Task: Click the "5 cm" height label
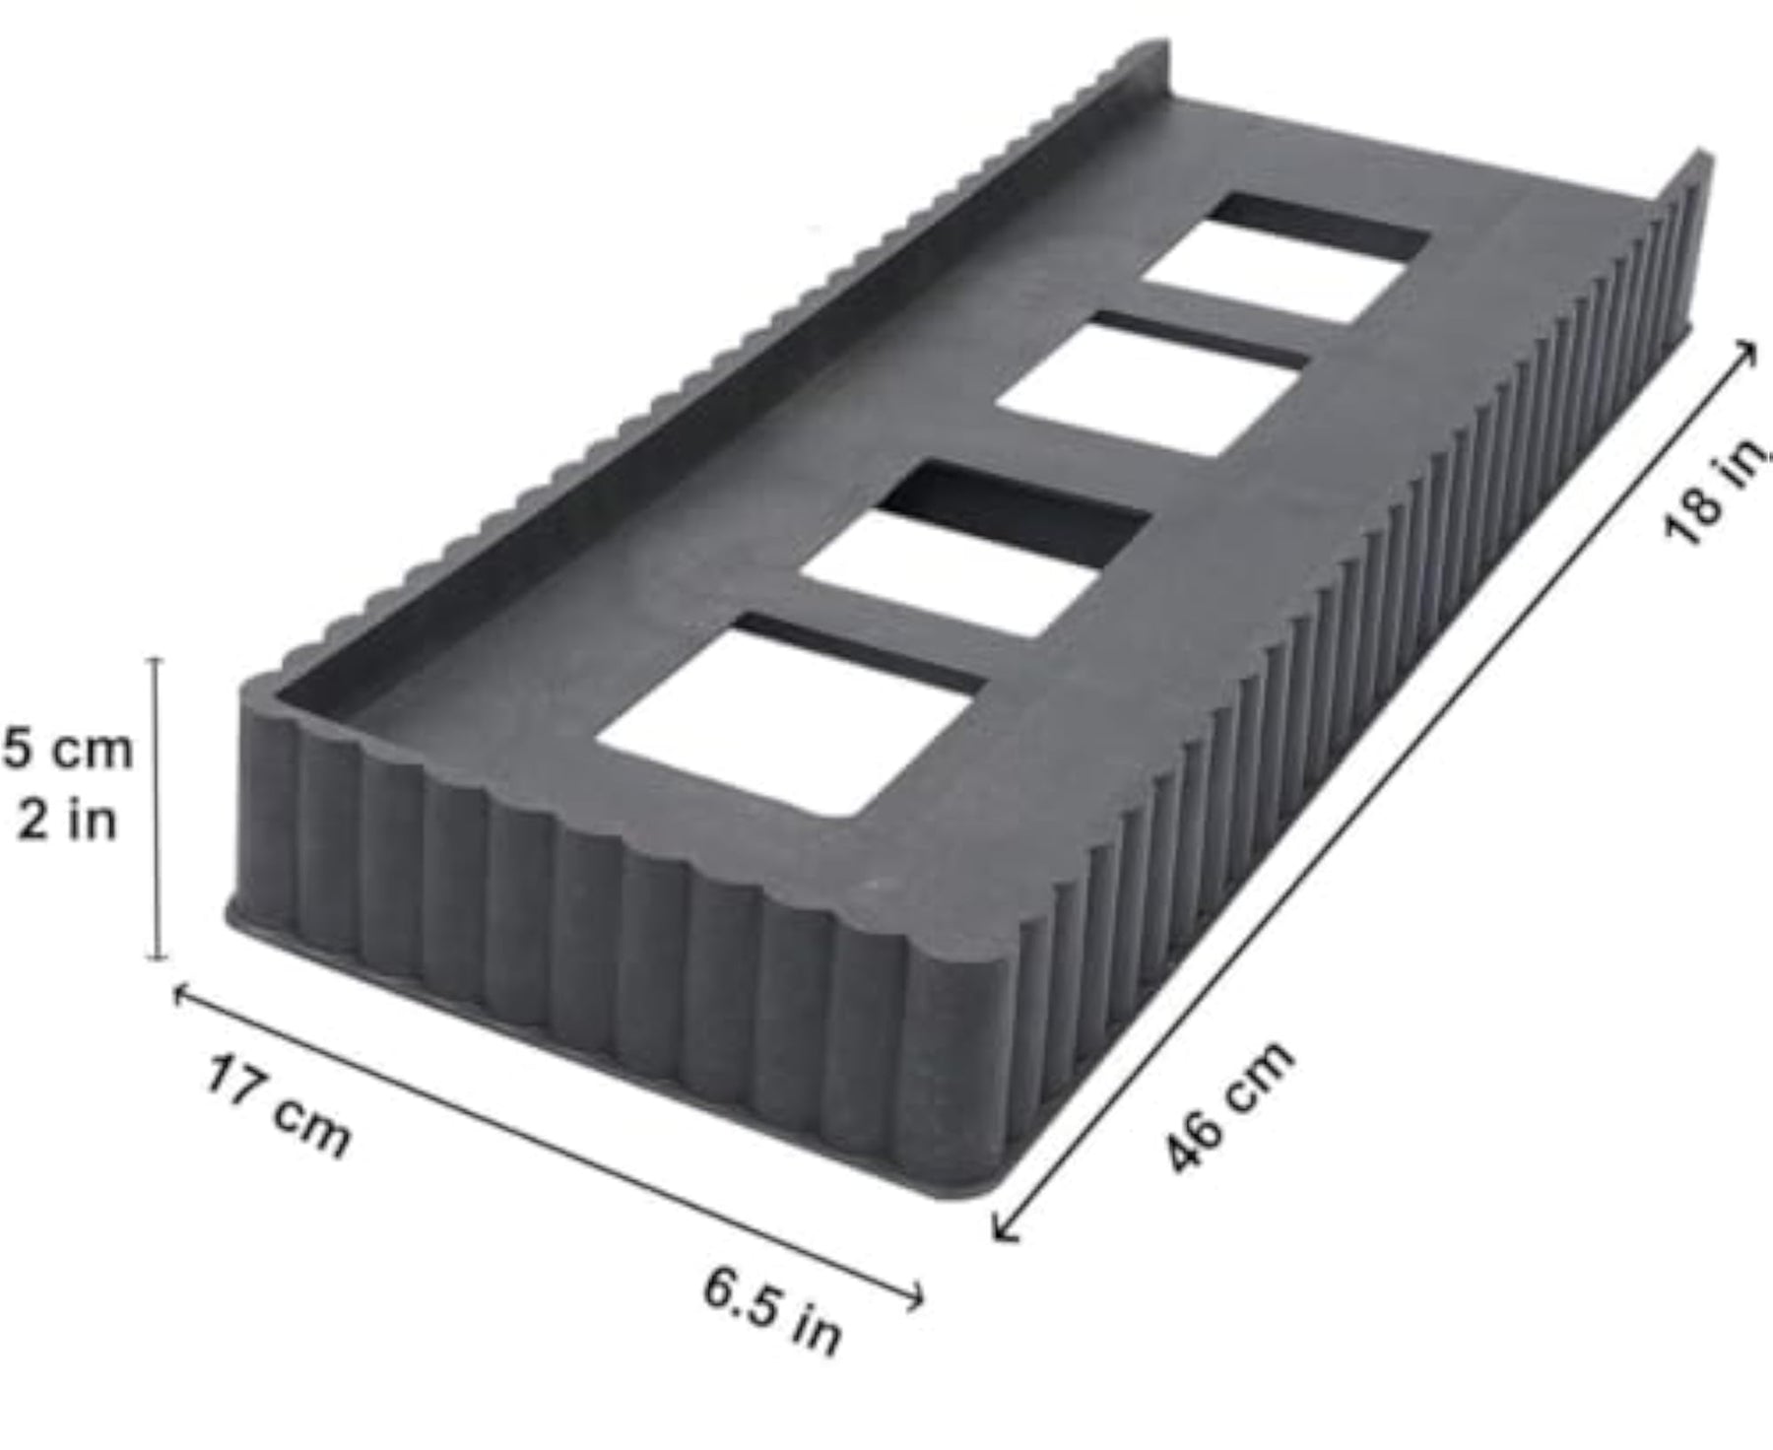click(67, 751)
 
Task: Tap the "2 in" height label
click(67, 820)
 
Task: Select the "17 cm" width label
click(278, 1106)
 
